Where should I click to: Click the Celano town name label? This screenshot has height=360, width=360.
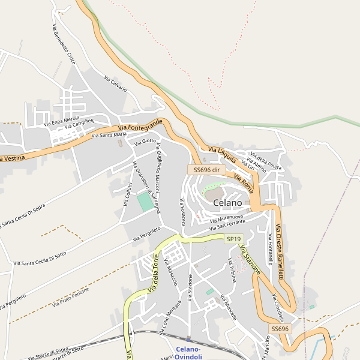tap(227, 203)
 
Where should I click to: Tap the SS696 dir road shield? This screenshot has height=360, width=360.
tap(206, 170)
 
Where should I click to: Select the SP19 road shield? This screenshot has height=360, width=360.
tap(233, 239)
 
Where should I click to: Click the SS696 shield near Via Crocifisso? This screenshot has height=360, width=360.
tap(280, 329)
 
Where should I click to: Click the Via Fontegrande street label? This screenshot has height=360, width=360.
tap(140, 125)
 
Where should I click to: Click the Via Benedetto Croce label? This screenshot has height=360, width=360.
tap(64, 44)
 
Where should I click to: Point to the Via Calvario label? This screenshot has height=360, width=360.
tap(116, 83)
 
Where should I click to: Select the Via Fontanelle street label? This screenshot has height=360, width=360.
tap(271, 250)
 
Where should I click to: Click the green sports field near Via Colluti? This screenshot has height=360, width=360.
tap(145, 202)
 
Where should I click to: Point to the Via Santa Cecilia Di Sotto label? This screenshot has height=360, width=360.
tap(40, 259)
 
